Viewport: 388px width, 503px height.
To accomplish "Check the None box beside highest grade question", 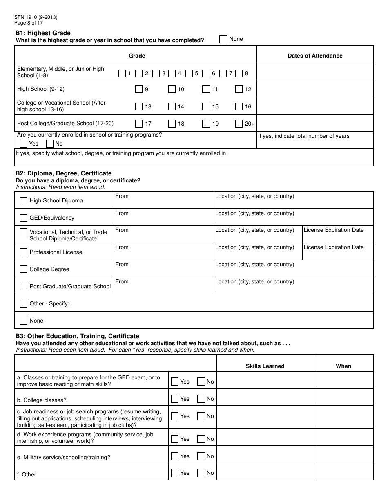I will point(223,39).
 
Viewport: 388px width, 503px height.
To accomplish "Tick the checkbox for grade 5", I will point(189,74).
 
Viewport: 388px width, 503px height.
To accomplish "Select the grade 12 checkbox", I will point(239,89).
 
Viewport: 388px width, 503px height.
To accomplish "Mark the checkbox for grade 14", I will point(172,106).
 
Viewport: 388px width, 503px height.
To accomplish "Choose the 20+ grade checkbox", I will point(239,124).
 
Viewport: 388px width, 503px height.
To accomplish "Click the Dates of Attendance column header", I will point(315,56).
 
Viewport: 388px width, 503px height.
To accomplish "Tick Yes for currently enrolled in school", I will point(24,144).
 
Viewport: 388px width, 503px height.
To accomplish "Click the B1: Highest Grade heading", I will point(43,33).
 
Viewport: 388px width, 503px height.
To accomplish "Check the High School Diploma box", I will point(24,200).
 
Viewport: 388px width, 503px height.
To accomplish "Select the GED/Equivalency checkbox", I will point(24,218).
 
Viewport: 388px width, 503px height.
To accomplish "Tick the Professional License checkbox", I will point(24,252).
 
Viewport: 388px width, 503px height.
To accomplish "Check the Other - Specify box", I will point(24,303).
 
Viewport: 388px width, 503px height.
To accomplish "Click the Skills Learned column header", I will point(265,366).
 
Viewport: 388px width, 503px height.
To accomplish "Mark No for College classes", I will point(201,399).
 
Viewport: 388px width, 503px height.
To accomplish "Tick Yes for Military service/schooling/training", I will point(175,456).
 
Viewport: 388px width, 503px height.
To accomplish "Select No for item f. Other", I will point(201,473).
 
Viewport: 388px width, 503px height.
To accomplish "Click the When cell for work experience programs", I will point(343,437).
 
